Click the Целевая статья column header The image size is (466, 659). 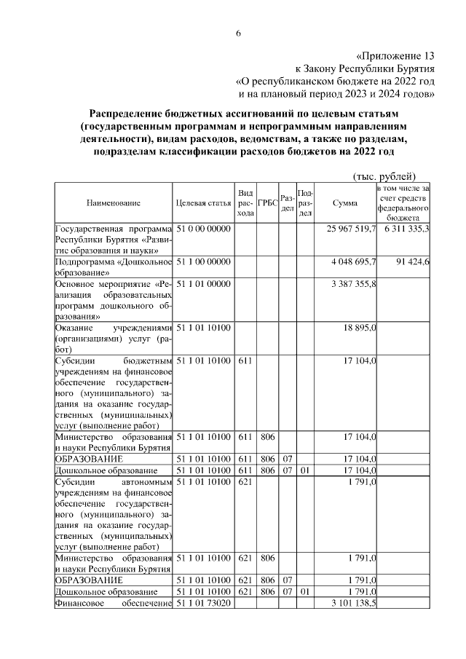click(203, 203)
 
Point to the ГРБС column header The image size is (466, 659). click(267, 203)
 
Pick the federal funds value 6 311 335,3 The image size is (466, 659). click(404, 229)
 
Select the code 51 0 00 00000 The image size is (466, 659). click(203, 229)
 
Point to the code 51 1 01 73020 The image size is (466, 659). click(203, 604)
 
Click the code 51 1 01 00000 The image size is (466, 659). click(203, 284)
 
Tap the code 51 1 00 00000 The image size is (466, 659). click(203, 261)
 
